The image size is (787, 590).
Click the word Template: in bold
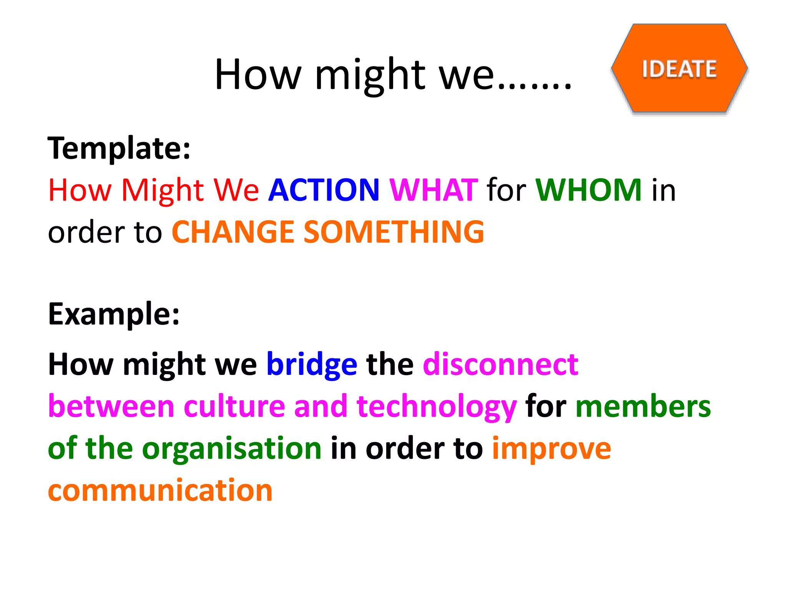119,149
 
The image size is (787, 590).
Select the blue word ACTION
324,190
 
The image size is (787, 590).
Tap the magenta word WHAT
433,190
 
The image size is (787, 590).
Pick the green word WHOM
588,190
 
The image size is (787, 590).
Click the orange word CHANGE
232,232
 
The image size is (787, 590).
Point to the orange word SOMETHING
393,232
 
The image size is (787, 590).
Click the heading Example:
114,314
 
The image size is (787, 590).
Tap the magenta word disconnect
500,364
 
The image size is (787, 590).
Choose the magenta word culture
234,406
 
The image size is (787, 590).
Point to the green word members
643,406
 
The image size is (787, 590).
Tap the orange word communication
160,491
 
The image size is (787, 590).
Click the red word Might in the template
163,191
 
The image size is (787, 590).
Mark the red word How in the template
80,190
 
